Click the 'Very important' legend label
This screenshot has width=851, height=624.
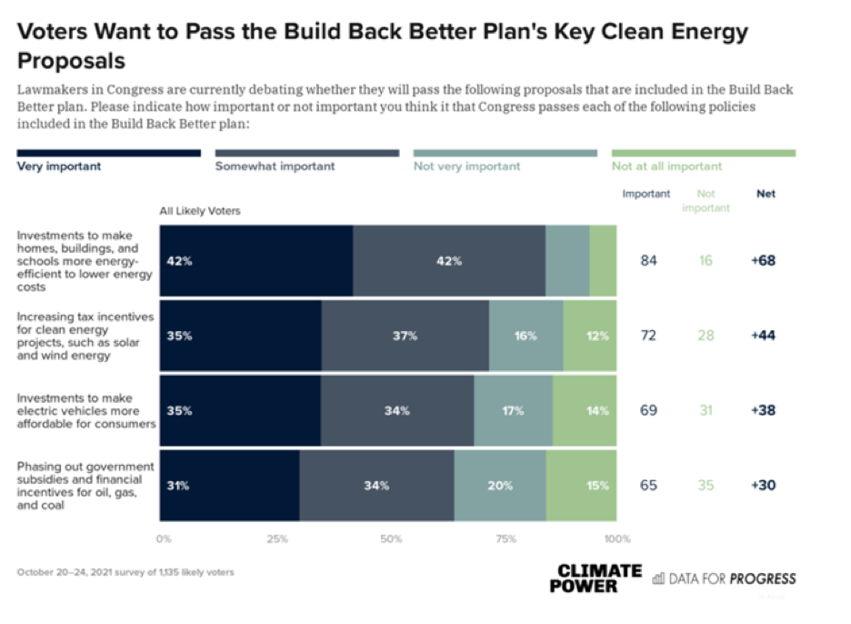pos(59,166)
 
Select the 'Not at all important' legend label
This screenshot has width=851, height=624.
pos(666,166)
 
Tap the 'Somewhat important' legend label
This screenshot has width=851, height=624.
pos(275,166)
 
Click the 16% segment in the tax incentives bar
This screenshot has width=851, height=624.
pos(526,336)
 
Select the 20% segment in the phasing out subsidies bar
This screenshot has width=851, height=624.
pos(500,485)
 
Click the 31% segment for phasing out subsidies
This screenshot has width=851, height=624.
pos(229,485)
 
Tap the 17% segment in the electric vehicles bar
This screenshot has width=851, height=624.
pos(513,410)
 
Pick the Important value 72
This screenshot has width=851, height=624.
pos(648,336)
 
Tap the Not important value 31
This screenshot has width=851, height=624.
pos(706,410)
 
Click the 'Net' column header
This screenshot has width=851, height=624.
pos(766,194)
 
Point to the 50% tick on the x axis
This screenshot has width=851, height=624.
pos(391,538)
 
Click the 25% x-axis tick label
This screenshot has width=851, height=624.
pos(276,538)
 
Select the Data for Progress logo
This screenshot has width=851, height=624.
pos(724,579)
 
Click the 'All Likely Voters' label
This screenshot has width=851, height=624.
pos(200,211)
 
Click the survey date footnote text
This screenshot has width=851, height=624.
pos(125,572)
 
